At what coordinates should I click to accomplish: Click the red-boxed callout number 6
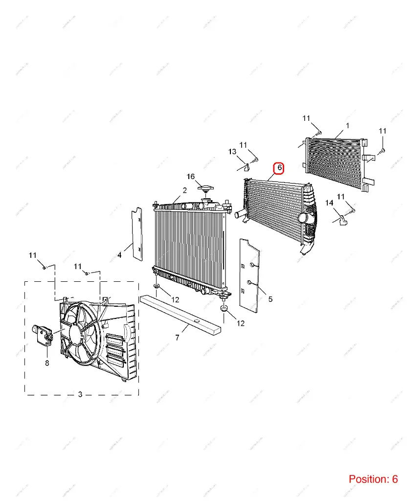coord(279,168)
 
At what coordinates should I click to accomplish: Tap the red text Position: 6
coord(373,479)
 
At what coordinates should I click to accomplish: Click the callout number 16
coord(191,177)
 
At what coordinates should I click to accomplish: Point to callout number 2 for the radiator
coord(185,190)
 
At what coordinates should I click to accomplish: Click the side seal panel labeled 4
coord(136,234)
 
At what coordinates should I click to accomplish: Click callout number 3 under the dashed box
coord(81,395)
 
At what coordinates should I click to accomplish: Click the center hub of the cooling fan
coord(78,334)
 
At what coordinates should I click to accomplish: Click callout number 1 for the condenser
coord(347,126)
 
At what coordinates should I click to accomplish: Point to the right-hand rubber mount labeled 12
coord(224,308)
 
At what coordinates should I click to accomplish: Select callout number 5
coord(271,298)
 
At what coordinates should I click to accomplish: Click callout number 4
coord(119,255)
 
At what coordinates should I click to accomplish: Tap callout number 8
coord(47,363)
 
